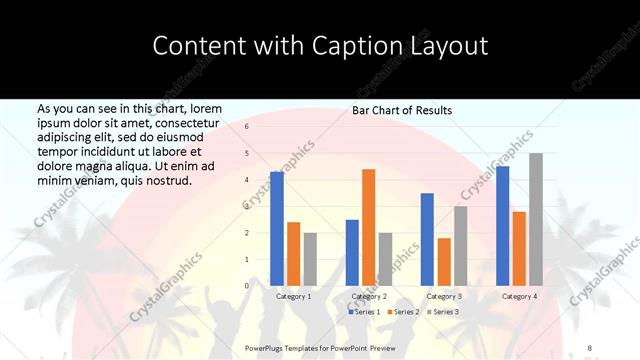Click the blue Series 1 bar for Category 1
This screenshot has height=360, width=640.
click(277, 228)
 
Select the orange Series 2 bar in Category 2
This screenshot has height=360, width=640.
click(368, 227)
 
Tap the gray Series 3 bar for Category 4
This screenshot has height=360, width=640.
click(536, 219)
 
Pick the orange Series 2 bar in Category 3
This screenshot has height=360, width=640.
click(444, 262)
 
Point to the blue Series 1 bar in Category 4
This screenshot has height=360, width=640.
click(502, 225)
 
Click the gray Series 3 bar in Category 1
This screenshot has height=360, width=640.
click(310, 259)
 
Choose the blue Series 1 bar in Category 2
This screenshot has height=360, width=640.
click(352, 252)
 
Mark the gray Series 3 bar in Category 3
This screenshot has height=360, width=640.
click(460, 245)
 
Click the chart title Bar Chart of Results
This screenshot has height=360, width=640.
click(402, 110)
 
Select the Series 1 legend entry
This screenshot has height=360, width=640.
click(365, 312)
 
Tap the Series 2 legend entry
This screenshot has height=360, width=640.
click(403, 312)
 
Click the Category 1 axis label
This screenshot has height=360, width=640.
click(293, 296)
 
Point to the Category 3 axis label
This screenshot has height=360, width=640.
click(444, 296)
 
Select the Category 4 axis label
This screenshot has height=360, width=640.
click(519, 296)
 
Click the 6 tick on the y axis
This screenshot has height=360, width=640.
click(246, 127)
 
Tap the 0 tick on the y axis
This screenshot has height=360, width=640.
click(246, 285)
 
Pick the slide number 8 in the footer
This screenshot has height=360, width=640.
click(589, 346)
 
